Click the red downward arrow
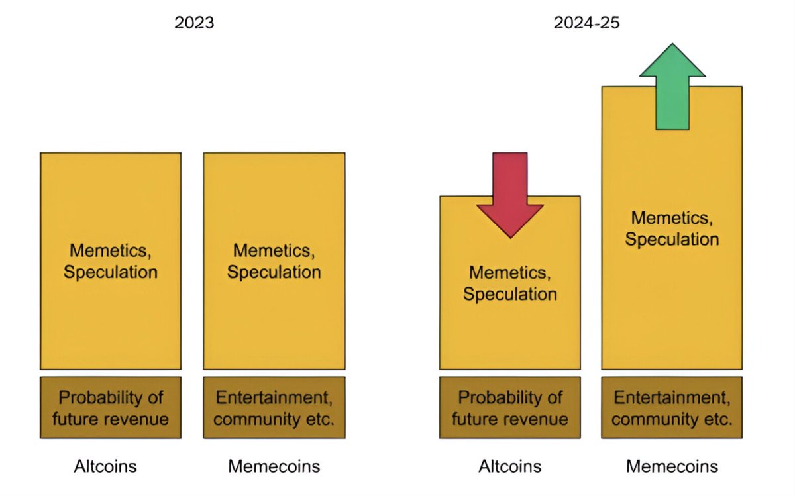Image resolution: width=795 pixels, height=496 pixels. (x=509, y=192)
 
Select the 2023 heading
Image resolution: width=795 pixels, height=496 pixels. (x=194, y=23)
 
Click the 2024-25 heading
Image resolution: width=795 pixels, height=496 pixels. (x=587, y=23)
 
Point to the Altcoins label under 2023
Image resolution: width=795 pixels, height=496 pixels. (x=105, y=466)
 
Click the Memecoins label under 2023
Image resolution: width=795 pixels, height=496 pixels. (x=274, y=466)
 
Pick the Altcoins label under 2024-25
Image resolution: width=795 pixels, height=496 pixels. (x=509, y=466)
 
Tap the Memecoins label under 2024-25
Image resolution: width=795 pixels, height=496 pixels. (x=672, y=466)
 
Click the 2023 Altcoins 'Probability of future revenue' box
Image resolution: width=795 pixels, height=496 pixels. (x=111, y=407)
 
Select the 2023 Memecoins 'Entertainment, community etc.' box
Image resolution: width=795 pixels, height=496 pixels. (x=274, y=407)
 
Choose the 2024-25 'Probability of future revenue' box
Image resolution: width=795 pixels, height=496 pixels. (x=509, y=407)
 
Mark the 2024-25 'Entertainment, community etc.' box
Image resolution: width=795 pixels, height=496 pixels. (x=672, y=407)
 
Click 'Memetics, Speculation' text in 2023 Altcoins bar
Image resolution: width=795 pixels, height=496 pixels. (x=111, y=261)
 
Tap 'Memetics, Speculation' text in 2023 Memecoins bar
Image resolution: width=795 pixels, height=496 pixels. (x=274, y=261)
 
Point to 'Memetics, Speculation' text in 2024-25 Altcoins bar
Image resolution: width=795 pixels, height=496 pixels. (x=509, y=283)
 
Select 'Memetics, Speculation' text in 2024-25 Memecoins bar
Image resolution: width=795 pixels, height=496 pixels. (x=672, y=228)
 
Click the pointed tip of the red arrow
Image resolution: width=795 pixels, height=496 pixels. (x=509, y=236)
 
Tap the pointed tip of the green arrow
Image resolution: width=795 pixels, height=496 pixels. (x=672, y=46)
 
